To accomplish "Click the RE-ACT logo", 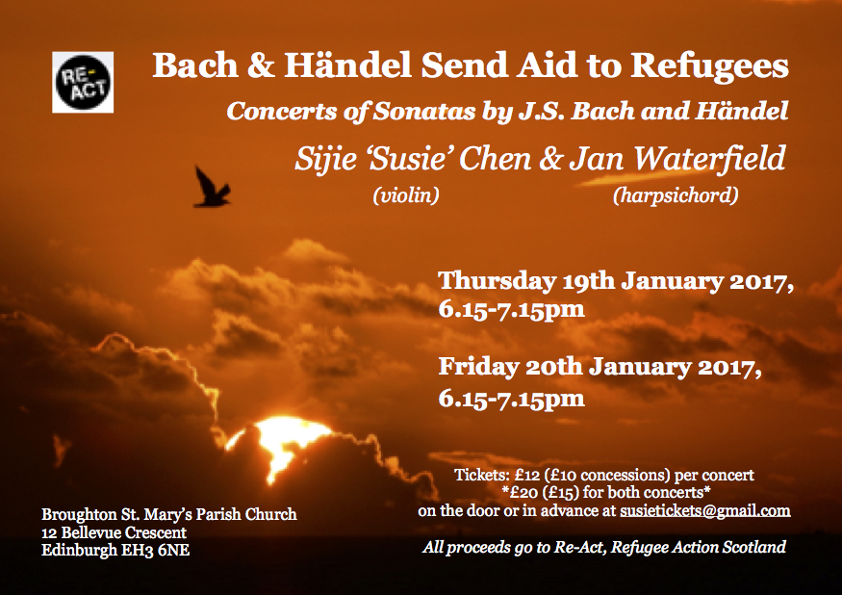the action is (83, 82).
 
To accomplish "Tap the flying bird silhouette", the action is (212, 188).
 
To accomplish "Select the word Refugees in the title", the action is (709, 66).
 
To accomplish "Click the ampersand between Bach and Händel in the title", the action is (261, 65).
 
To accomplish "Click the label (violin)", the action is (406, 195).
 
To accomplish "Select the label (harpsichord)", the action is (676, 195).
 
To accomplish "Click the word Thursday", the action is (498, 282).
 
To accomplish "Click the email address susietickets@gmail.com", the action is (705, 510).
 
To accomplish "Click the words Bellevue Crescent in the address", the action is (124, 532).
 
